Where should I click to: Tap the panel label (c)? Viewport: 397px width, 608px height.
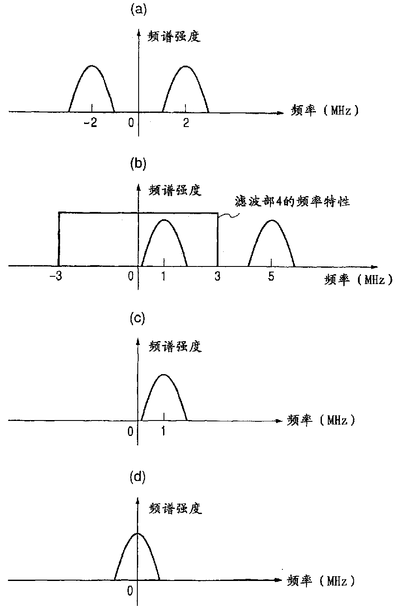pyautogui.click(x=138, y=320)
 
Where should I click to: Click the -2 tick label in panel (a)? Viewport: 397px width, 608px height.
pyautogui.click(x=91, y=123)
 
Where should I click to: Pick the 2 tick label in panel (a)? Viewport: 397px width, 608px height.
pyautogui.click(x=185, y=123)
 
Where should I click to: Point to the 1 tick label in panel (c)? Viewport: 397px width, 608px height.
pyautogui.click(x=164, y=431)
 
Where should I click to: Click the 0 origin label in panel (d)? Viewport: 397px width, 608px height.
pyautogui.click(x=130, y=591)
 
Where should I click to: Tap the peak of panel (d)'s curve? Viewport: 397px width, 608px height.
pyautogui.click(x=137, y=533)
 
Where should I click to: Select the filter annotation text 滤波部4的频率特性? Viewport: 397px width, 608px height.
pyautogui.click(x=293, y=201)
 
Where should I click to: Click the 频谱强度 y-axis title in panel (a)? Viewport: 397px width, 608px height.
pyautogui.click(x=175, y=37)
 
